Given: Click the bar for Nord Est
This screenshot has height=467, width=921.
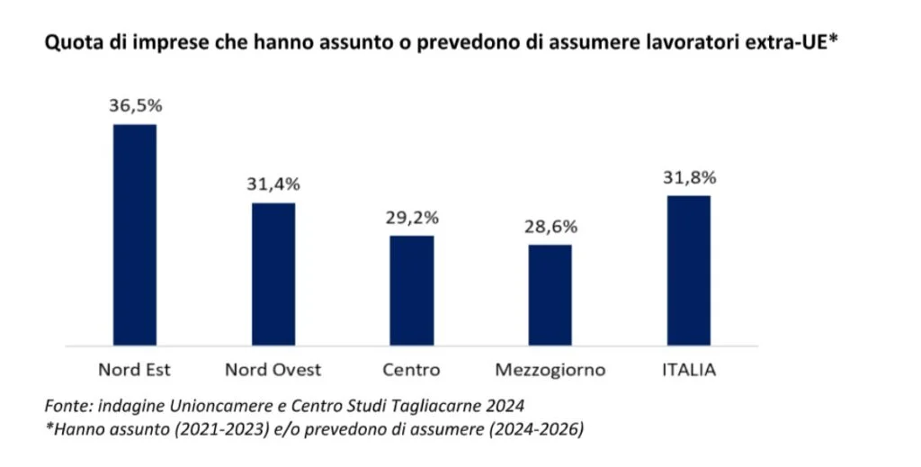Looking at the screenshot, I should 134,234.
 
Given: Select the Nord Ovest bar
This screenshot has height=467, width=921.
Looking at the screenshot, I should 273,274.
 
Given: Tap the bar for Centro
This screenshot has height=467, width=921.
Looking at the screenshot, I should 411,290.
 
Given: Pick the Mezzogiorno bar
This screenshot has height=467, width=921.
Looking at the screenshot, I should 550,294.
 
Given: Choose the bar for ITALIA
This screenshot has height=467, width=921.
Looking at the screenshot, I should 688,270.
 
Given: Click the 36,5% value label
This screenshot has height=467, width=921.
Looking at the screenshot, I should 135,105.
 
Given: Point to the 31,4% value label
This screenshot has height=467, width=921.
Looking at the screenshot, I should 273,184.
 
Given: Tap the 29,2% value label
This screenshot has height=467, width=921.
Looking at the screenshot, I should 411,217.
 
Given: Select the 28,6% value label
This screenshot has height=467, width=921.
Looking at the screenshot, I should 550,226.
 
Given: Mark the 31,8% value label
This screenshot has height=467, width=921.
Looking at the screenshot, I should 688,177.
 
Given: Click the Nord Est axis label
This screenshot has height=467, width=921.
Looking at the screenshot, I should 134,370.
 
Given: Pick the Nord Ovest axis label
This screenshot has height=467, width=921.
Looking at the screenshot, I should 273,370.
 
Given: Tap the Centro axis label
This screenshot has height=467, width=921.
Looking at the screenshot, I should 411,370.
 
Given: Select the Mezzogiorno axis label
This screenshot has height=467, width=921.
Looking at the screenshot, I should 550,370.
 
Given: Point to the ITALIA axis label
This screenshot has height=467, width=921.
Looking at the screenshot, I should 688,370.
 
